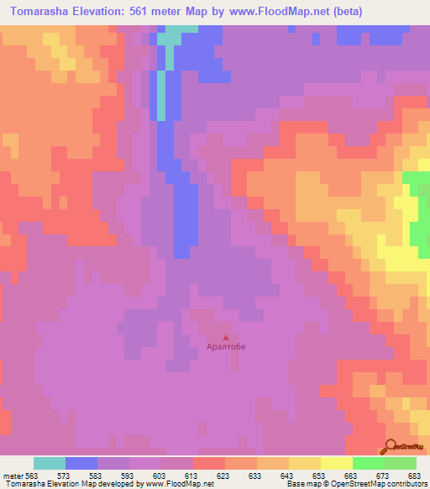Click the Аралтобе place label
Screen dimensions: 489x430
pos(226,346)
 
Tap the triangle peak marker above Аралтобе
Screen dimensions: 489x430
pos(225,337)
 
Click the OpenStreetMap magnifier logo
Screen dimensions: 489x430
pos(392,446)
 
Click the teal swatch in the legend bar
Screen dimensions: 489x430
pos(50,463)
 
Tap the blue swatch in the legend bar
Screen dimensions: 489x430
pos(81,463)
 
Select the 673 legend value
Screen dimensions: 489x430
pos(384,475)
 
